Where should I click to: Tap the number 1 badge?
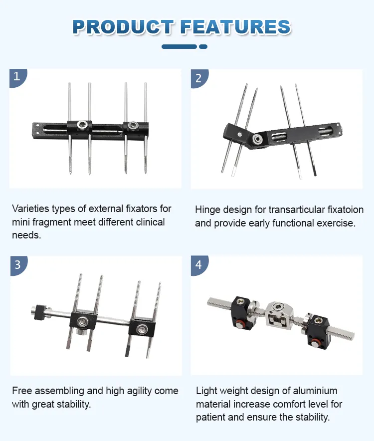(17, 77)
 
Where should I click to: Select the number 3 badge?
(17, 265)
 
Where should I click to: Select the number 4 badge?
(198, 265)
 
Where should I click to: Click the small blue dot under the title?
(203, 47)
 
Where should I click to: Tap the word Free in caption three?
(22, 391)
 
